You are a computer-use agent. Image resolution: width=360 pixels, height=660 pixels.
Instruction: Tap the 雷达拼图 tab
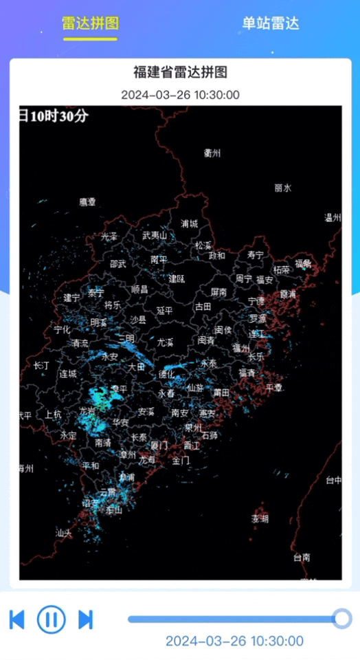[90, 23]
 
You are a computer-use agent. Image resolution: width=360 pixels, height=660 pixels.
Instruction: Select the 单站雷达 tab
[270, 23]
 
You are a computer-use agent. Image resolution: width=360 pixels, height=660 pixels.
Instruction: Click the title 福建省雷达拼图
[180, 72]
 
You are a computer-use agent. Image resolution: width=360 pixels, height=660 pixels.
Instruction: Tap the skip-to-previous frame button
[17, 619]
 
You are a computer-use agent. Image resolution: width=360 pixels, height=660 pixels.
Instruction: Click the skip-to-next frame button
[86, 619]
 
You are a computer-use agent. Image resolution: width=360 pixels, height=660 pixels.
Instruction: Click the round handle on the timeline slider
[341, 619]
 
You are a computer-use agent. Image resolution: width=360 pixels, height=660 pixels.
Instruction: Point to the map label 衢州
[212, 153]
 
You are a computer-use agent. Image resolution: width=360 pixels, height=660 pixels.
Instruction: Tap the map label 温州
[333, 218]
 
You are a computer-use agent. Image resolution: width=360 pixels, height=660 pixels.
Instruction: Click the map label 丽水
[283, 188]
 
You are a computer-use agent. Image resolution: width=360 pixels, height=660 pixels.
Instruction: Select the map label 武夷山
[155, 236]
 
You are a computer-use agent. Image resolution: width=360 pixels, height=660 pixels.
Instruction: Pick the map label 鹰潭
[88, 202]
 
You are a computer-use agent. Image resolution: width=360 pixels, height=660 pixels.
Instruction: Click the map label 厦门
[159, 445]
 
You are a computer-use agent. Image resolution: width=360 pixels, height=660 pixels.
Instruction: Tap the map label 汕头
[64, 533]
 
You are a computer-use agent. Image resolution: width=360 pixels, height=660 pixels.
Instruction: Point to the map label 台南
[302, 557]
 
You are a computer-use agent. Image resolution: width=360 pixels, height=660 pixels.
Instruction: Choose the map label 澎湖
[260, 518]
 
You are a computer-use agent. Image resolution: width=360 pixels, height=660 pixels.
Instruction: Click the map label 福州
[241, 348]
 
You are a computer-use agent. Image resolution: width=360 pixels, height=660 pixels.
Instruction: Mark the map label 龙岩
[87, 410]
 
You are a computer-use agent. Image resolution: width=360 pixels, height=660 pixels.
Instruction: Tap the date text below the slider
[234, 641]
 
